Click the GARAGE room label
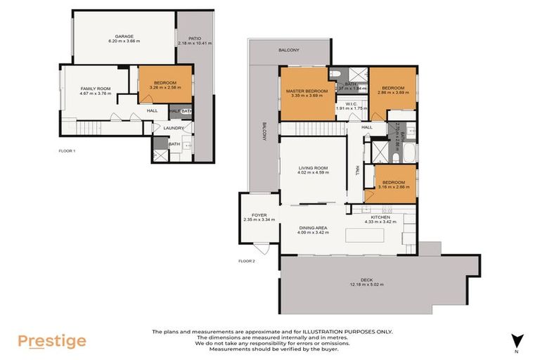124,36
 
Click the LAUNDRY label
173,128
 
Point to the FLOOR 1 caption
67,150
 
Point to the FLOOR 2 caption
247,261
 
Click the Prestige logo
52,342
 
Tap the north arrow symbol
517,340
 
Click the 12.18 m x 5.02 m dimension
379,285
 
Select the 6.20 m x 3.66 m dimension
124,41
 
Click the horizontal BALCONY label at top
288,50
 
